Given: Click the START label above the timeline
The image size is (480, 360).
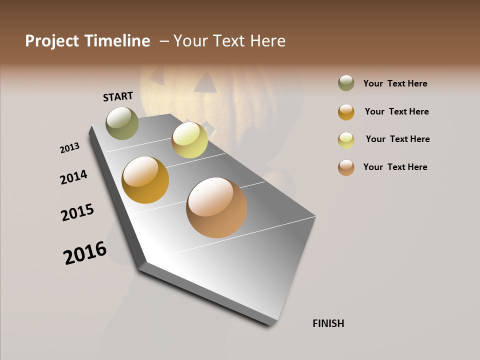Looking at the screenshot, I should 118,96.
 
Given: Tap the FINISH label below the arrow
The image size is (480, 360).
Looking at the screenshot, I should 328,323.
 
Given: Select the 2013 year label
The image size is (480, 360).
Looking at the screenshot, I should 69,148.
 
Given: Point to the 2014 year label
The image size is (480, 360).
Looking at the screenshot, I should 73,177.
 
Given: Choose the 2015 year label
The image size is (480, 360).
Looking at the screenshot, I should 77,212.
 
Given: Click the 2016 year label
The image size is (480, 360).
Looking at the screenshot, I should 85,253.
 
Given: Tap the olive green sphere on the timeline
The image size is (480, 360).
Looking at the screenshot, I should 122,123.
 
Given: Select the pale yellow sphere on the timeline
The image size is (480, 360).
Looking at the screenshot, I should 189,140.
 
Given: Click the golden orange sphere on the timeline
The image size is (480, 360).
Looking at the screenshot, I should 145,180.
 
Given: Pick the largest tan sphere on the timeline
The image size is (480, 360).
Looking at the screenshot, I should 216,207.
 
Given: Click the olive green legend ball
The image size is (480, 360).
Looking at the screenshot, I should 346,83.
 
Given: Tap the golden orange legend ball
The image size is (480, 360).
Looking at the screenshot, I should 346,112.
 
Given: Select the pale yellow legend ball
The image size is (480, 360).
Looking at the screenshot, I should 346,140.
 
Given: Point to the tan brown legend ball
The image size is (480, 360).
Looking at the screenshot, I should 346,167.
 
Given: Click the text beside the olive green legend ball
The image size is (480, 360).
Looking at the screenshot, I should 395,83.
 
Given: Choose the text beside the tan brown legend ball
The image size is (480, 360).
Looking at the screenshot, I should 395,167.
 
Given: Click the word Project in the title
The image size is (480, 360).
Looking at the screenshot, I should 52,41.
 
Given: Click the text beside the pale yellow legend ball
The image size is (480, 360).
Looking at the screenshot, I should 397,139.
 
